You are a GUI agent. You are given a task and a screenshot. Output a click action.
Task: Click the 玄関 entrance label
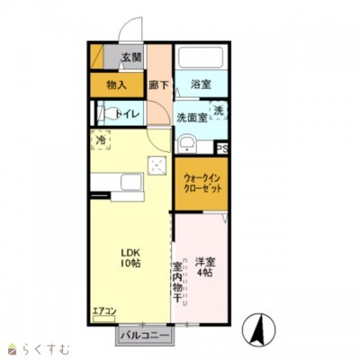(x=131, y=58)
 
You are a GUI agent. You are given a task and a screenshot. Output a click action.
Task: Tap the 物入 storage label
(x=116, y=85)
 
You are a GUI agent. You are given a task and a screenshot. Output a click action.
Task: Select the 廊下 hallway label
(x=158, y=85)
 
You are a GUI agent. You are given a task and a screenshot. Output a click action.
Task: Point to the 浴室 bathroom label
(x=200, y=85)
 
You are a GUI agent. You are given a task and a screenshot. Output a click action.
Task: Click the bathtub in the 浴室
(x=202, y=58)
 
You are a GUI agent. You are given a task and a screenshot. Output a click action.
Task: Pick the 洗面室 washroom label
(x=192, y=116)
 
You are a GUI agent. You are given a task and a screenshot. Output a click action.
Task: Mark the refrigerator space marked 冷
(x=101, y=141)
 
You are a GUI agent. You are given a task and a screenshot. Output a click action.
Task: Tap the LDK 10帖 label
(x=133, y=258)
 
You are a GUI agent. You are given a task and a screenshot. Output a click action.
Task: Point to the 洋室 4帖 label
(x=204, y=266)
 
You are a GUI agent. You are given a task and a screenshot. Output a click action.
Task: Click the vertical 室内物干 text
(x=178, y=280)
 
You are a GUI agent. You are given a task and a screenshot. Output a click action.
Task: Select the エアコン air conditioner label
(x=104, y=312)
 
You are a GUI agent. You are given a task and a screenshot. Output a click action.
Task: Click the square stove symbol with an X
(x=157, y=166)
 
